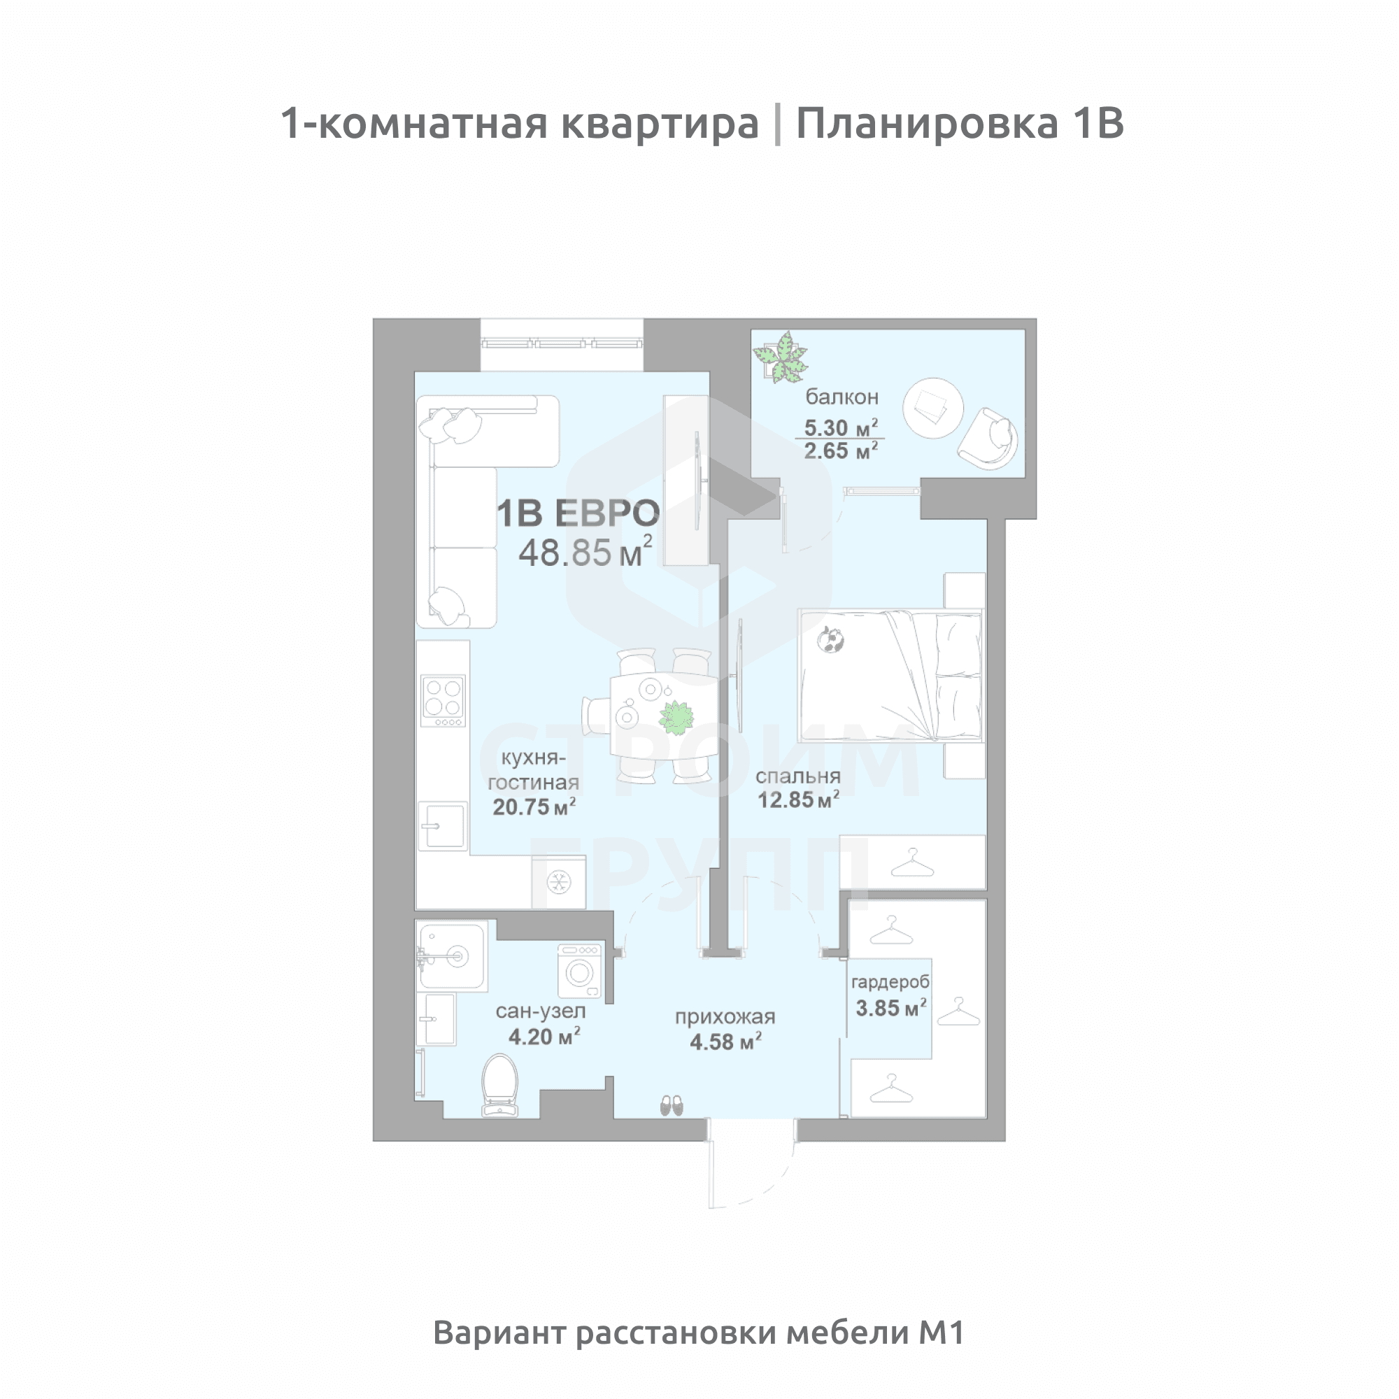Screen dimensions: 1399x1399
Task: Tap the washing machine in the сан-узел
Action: tap(579, 971)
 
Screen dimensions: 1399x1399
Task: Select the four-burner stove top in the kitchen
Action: tap(443, 700)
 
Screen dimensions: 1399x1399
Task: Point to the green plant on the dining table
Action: tap(676, 718)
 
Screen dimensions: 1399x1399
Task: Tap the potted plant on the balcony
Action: tap(781, 357)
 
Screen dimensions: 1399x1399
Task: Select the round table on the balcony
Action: tap(932, 408)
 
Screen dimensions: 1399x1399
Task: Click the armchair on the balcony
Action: tap(989, 438)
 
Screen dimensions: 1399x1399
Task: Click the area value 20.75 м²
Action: tap(534, 807)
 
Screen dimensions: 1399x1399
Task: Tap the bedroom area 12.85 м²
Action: tap(798, 800)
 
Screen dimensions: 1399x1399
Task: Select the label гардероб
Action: tap(890, 983)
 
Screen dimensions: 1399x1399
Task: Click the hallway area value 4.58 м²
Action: tap(725, 1042)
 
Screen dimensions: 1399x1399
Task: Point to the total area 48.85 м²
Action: tap(584, 553)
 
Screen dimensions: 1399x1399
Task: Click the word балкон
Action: tap(841, 397)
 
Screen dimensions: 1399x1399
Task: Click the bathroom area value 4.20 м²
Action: tap(544, 1037)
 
